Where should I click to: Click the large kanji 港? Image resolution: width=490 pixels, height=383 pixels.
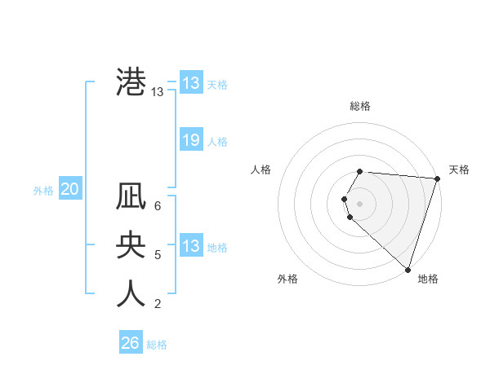(131, 82)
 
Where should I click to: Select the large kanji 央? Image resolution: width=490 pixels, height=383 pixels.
(131, 245)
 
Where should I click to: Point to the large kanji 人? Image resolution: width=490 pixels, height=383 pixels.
(131, 294)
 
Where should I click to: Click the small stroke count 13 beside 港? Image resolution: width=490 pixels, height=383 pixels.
(158, 92)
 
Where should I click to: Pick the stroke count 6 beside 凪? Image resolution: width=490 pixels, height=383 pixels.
(158, 205)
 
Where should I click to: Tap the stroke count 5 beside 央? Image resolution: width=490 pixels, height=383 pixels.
(158, 255)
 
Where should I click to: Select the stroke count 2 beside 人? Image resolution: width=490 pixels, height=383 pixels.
(158, 304)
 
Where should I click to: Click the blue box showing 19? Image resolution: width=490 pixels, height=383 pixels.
(190, 140)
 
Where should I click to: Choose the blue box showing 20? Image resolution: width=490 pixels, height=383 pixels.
(69, 190)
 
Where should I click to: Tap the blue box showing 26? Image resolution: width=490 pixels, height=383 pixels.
(130, 343)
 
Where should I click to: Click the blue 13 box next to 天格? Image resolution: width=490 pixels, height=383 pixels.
(190, 83)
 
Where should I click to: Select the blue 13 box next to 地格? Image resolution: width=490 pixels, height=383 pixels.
(190, 246)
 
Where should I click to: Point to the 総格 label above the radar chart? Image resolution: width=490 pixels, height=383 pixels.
(360, 106)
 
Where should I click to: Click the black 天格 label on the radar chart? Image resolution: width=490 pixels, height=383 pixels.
(459, 169)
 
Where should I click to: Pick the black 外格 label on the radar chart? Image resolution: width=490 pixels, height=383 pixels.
(287, 279)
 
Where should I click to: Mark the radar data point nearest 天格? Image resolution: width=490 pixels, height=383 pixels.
(438, 179)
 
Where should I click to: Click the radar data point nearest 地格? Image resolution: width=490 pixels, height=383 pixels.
(408, 270)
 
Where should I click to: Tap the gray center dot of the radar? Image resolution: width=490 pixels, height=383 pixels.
(360, 202)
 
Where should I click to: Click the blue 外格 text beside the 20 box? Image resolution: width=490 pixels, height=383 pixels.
(43, 191)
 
